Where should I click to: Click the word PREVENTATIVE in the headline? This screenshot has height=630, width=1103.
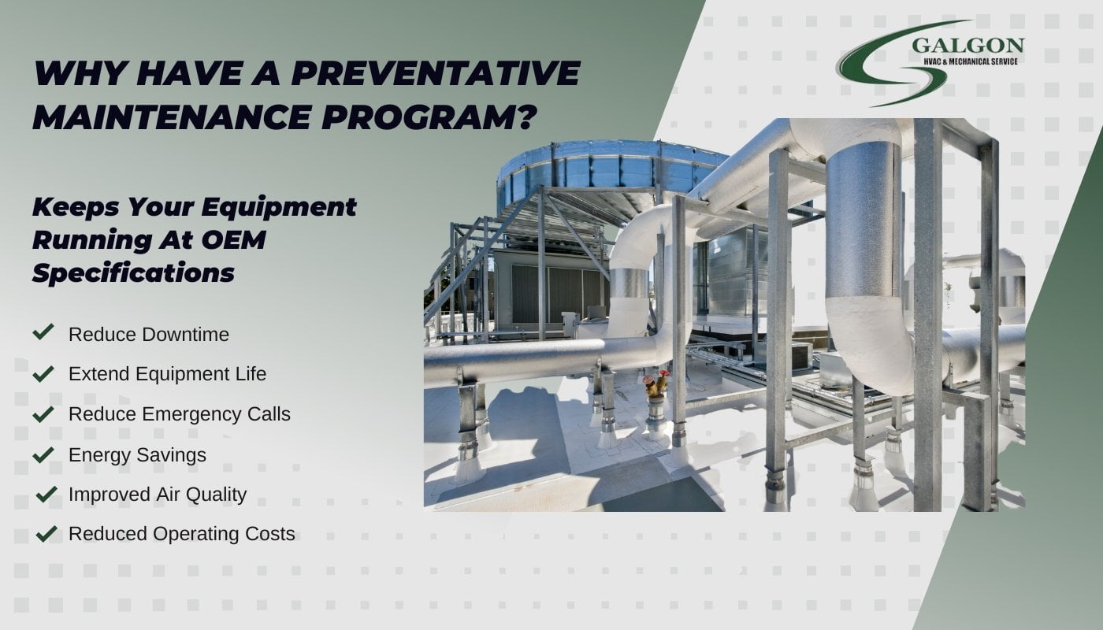436,73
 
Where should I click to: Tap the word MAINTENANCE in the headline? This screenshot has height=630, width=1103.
173,117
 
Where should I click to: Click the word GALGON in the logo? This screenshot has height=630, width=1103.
967,46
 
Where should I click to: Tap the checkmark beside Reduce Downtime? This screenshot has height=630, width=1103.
43,332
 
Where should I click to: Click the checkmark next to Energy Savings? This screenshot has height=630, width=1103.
43,454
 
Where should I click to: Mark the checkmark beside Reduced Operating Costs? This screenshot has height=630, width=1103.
46,534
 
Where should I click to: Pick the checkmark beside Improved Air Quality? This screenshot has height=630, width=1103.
46,495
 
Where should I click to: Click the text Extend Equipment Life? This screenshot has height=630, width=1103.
167,374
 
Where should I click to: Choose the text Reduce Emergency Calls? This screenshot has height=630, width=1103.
180,414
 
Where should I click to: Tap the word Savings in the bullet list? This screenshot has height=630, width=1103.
172,456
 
